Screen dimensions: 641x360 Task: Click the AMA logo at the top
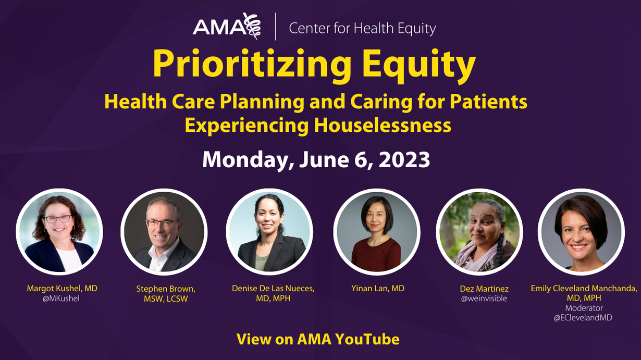[x=227, y=27]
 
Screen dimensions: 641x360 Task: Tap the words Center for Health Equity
[x=362, y=29]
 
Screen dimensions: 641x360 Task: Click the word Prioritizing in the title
[x=252, y=64]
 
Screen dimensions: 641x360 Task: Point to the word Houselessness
[x=383, y=126]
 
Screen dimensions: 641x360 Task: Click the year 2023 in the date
[x=404, y=160]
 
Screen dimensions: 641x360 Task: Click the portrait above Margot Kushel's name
[x=59, y=232]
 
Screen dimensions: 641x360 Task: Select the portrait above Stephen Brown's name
[x=164, y=232]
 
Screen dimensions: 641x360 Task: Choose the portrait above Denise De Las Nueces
[x=269, y=232]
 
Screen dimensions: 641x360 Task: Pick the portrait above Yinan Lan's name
[x=377, y=232]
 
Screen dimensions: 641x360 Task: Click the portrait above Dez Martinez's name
[x=479, y=232]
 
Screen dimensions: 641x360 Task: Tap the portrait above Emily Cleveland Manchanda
[x=581, y=232]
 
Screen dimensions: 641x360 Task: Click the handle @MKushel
[x=61, y=299]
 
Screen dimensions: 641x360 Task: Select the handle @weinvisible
[x=484, y=299]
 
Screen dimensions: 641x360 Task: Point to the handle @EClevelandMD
[x=583, y=318]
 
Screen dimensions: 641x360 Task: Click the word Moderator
[x=584, y=308]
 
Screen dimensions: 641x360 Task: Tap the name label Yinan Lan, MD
[x=378, y=289]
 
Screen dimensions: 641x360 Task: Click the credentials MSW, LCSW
[x=166, y=299]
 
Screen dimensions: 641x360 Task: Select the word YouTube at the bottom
[x=367, y=339]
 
